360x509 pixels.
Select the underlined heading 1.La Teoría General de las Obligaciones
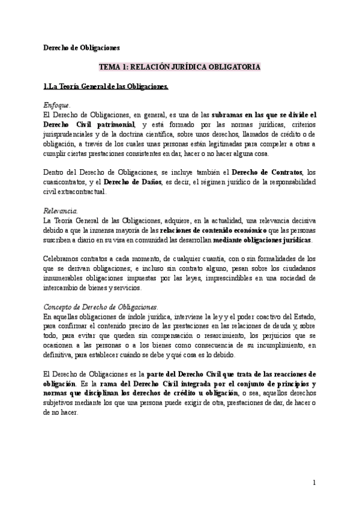(106, 87)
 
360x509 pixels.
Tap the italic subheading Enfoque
(57, 105)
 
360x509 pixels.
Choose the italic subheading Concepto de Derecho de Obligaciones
(101, 307)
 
